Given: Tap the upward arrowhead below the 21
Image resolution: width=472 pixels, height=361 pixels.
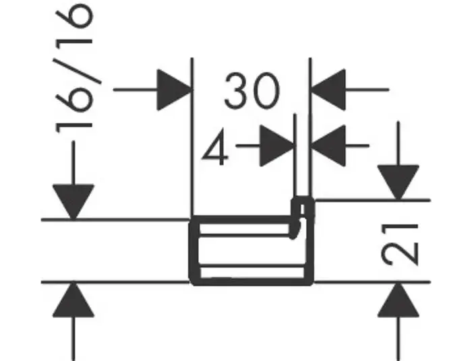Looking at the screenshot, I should [x=398, y=300].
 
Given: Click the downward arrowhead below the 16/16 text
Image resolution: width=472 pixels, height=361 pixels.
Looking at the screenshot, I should [x=73, y=201].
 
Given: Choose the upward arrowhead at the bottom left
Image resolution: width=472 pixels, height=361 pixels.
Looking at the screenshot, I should [x=73, y=301].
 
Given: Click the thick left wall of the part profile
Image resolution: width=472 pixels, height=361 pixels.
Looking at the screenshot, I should [x=192, y=249].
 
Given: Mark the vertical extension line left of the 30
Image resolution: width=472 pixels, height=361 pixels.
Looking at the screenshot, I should [x=193, y=135].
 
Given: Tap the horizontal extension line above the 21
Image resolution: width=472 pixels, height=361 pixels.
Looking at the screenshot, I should [x=378, y=200].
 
